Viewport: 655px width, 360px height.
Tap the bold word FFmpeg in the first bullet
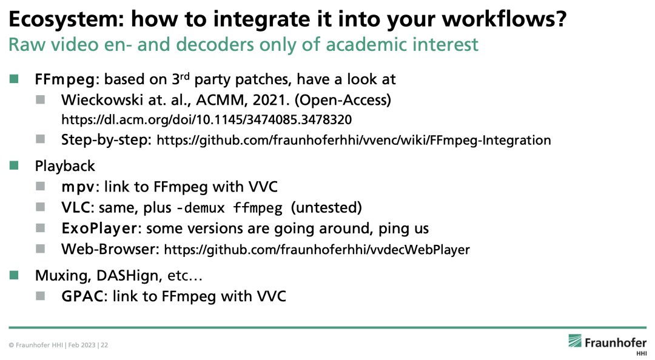pyautogui.click(x=65, y=79)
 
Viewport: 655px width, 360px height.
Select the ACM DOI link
pyautogui.click(x=206, y=120)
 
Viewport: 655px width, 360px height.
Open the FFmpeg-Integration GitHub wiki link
pyautogui.click(x=354, y=140)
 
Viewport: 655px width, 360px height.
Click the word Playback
pyautogui.click(x=65, y=166)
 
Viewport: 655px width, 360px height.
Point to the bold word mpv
pyautogui.click(x=78, y=187)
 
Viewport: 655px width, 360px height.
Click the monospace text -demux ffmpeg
pyautogui.click(x=230, y=207)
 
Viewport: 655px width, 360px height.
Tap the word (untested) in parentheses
pyautogui.click(x=326, y=207)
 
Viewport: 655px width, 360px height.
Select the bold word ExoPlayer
pyautogui.click(x=99, y=228)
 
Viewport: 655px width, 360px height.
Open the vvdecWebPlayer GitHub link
pyautogui.click(x=317, y=250)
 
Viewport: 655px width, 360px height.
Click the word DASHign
pyautogui.click(x=128, y=276)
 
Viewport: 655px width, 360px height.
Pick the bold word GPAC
pyautogui.click(x=82, y=296)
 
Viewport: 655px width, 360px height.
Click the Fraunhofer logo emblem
pyautogui.click(x=574, y=341)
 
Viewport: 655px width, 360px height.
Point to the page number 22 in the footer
pyautogui.click(x=104, y=345)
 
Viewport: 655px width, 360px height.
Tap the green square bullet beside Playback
pyautogui.click(x=14, y=166)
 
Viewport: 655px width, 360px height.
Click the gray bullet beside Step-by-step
pyautogui.click(x=40, y=139)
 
